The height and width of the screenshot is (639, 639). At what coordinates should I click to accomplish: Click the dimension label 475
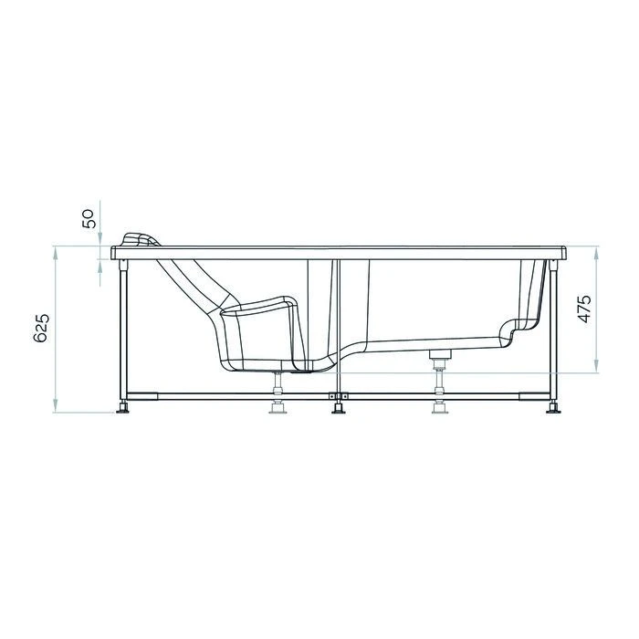pyautogui.click(x=585, y=310)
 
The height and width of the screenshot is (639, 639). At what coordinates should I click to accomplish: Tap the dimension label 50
pyautogui.click(x=89, y=218)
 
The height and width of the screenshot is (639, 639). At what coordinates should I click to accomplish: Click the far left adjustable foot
pyautogui.click(x=122, y=407)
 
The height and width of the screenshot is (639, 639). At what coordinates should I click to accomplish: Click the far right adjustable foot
pyautogui.click(x=553, y=407)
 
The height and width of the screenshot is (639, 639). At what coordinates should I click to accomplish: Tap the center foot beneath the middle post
pyautogui.click(x=338, y=408)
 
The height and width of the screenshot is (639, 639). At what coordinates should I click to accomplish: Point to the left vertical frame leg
pyautogui.click(x=122, y=329)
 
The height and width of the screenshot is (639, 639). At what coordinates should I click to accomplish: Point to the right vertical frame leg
pyautogui.click(x=553, y=329)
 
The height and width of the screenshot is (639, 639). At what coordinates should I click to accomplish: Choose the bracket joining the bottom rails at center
pyautogui.click(x=338, y=396)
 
